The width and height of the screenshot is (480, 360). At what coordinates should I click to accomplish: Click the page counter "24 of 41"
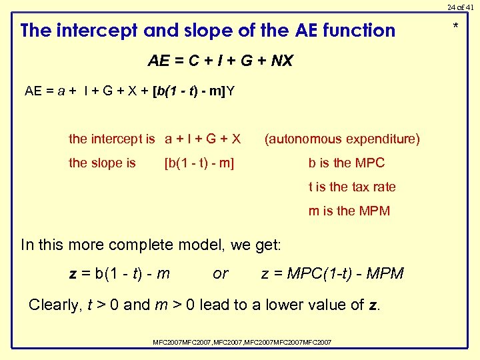pyautogui.click(x=460, y=7)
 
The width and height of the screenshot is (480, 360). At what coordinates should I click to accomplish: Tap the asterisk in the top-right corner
pyautogui.click(x=456, y=27)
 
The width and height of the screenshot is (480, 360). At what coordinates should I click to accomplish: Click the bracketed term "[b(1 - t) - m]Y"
pyautogui.click(x=193, y=91)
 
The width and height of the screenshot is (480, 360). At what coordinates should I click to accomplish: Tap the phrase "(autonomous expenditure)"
pyautogui.click(x=342, y=139)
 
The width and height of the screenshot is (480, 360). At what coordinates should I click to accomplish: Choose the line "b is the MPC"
pyautogui.click(x=346, y=163)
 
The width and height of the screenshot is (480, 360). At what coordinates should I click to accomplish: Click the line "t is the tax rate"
pyautogui.click(x=351, y=187)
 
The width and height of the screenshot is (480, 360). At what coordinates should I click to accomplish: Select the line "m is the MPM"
pyautogui.click(x=349, y=211)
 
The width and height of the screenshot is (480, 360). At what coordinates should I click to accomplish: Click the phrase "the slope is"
pyautogui.click(x=102, y=163)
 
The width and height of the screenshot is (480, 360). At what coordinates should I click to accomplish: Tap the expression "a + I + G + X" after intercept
pyautogui.click(x=203, y=139)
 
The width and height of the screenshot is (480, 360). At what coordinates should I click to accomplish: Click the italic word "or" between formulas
pyautogui.click(x=220, y=273)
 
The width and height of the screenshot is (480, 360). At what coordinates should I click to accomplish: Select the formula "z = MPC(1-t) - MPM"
pyautogui.click(x=332, y=273)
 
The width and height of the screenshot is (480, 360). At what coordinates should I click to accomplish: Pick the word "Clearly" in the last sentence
pyautogui.click(x=55, y=305)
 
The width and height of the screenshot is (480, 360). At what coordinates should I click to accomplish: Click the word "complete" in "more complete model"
pyautogui.click(x=138, y=245)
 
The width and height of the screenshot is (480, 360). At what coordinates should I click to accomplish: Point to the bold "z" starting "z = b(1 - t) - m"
pyautogui.click(x=73, y=274)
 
